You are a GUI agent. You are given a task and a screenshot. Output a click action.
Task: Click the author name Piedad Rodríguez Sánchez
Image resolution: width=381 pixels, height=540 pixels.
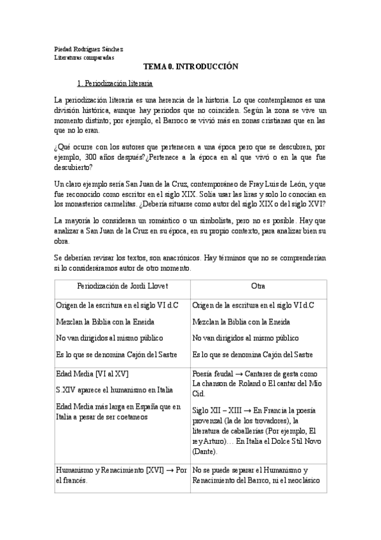click(x=88, y=48)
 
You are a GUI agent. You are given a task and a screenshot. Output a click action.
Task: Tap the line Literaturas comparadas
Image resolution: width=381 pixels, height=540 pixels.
click(x=84, y=57)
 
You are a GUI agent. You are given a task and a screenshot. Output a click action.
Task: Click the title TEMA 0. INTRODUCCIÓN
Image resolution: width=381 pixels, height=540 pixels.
click(x=190, y=66)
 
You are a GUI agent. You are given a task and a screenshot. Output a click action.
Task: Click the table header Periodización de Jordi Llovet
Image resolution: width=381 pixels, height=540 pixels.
click(x=123, y=286)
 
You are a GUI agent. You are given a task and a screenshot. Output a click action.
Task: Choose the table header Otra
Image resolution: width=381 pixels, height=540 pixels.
click(x=258, y=286)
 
